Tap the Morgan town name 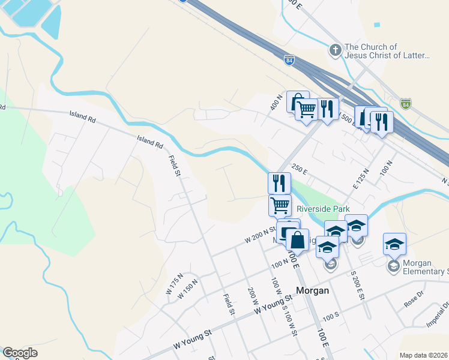tap(313, 290)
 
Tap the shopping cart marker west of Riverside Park tap(280, 205)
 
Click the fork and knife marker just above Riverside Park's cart tap(279, 183)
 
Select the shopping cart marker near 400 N tap(307, 109)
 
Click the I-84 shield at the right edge tap(406, 104)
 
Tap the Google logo tap(20, 353)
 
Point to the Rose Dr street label tap(414, 301)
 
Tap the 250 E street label tap(299, 169)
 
